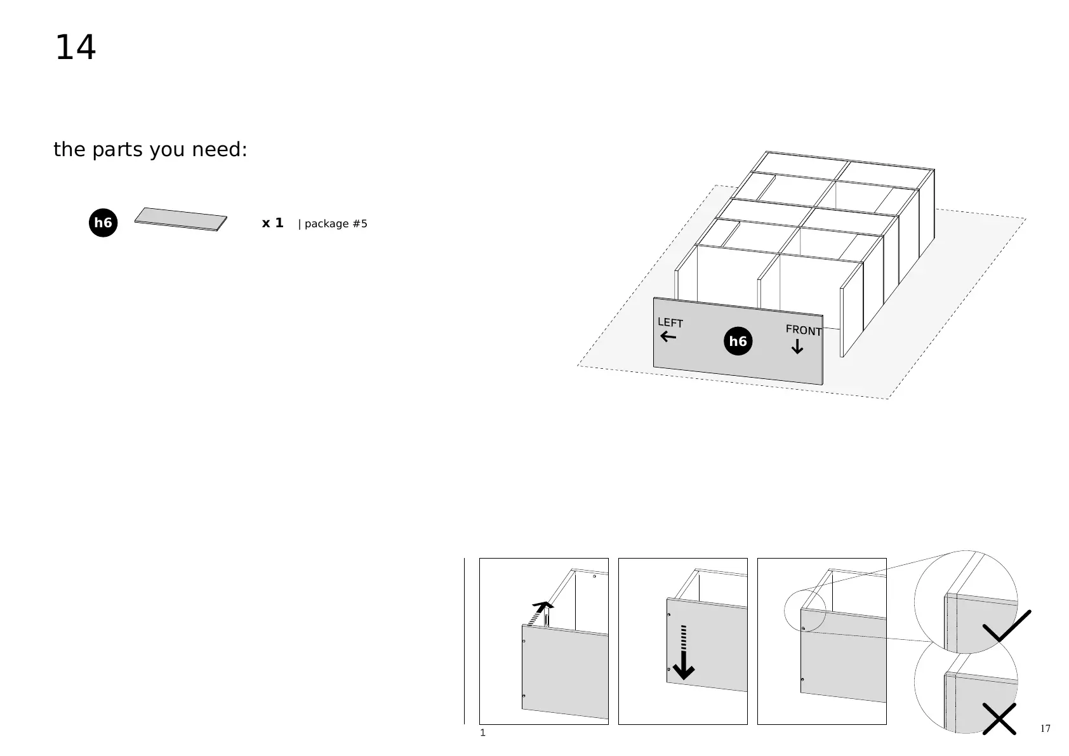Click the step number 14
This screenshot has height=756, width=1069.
[76, 48]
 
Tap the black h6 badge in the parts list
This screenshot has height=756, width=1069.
[103, 223]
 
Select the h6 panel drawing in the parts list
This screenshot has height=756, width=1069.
[181, 219]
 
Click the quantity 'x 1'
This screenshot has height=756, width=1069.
[272, 223]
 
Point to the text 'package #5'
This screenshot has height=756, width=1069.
[336, 224]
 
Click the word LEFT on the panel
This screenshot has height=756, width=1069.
[670, 322]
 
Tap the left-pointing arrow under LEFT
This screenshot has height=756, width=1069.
[668, 337]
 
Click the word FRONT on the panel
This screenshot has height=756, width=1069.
[803, 330]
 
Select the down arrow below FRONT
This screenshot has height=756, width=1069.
[797, 347]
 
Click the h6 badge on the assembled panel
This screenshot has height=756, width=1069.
[738, 342]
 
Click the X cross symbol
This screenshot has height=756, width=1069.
[999, 719]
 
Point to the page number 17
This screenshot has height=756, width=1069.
[1045, 728]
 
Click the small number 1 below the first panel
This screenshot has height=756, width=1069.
[482, 733]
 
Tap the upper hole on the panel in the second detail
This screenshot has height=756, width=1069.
[669, 614]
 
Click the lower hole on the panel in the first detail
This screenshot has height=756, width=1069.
[523, 696]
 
